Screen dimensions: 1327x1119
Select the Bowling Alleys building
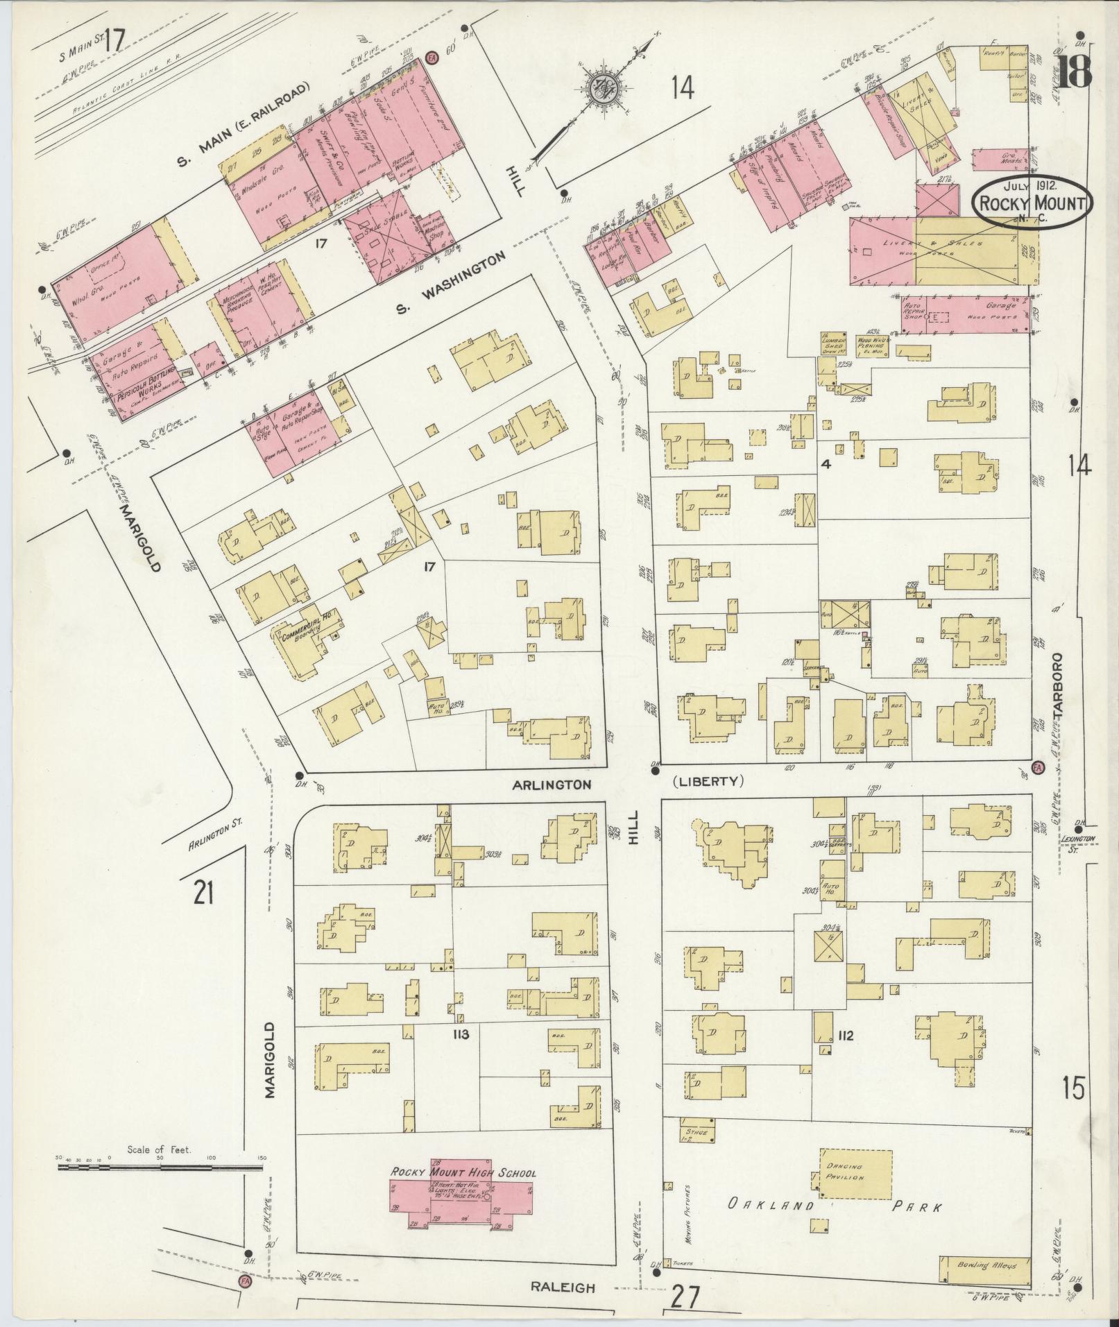pyautogui.click(x=984, y=1266)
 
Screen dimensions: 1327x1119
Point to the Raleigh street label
pyautogui.click(x=563, y=1287)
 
